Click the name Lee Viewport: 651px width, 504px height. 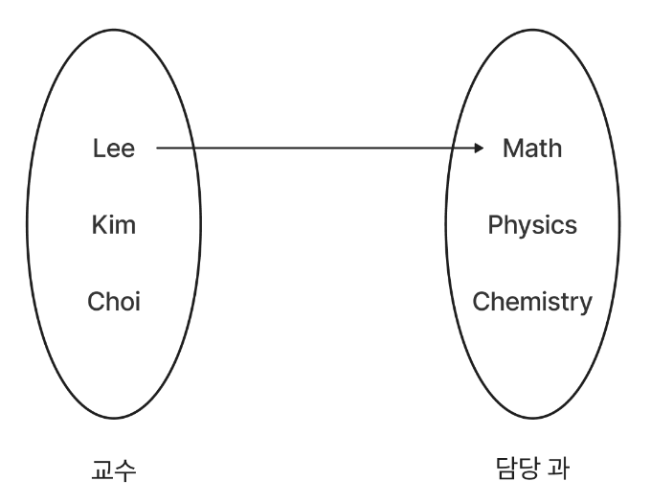[x=114, y=149]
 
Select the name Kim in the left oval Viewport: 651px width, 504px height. [x=114, y=225]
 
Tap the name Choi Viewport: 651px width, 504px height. [x=114, y=302]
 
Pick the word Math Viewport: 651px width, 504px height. [x=532, y=149]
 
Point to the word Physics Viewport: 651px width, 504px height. [x=532, y=225]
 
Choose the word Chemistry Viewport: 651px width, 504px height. [x=532, y=302]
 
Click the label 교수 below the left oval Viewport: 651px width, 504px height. [x=113, y=470]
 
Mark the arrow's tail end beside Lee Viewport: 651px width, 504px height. [x=158, y=149]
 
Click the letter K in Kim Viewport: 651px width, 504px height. [x=98, y=225]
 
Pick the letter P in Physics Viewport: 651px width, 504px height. [x=494, y=225]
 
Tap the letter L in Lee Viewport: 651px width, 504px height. [x=98, y=149]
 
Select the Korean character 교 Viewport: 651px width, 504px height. [x=101, y=470]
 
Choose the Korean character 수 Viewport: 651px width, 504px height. [x=124, y=470]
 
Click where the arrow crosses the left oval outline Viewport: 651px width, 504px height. [x=195, y=149]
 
